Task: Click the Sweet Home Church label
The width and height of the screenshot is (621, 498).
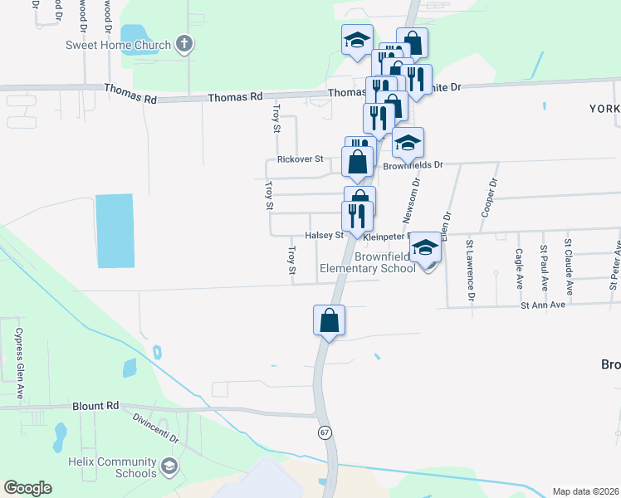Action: click(119, 45)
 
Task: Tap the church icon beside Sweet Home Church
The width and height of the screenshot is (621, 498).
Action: click(183, 45)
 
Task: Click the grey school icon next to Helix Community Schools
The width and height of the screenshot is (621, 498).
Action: click(170, 466)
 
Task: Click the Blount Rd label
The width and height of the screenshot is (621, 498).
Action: click(96, 406)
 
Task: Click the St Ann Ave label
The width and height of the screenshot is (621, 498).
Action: click(542, 305)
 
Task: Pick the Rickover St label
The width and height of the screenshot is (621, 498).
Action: click(300, 159)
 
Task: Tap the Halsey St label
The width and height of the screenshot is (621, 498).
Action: click(324, 236)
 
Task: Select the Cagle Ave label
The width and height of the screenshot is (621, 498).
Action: click(519, 265)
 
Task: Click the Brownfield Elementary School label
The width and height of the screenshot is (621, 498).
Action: click(369, 262)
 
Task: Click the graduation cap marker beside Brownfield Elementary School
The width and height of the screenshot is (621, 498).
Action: click(426, 249)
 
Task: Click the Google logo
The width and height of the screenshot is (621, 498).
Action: click(27, 488)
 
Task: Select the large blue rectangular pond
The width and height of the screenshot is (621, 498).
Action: click(115, 231)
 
